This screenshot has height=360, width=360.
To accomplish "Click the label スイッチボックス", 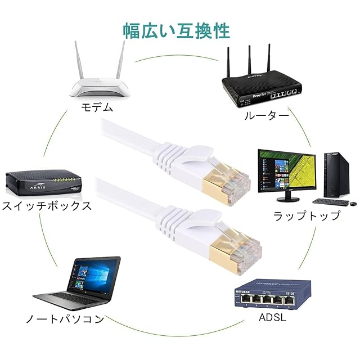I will coord(46,205).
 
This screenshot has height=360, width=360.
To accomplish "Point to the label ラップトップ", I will coord(306,215).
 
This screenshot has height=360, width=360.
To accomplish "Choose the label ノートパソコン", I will coord(65,319).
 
